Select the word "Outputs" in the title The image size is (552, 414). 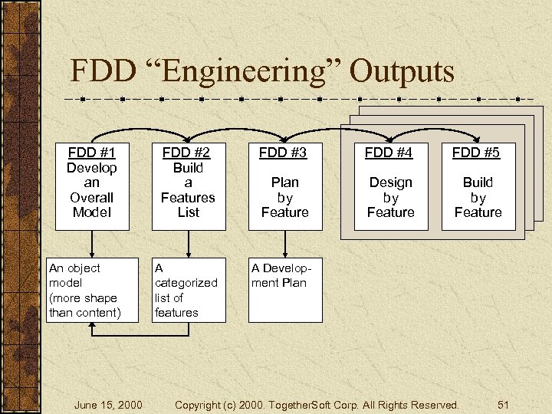click(x=402, y=71)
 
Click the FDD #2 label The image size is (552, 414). click(x=189, y=152)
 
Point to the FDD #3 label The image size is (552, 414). click(x=284, y=153)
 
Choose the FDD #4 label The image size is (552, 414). click(x=389, y=153)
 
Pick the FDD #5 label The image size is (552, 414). click(x=477, y=153)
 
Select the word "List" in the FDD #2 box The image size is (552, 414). click(x=189, y=212)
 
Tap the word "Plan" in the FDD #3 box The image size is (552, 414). click(x=284, y=182)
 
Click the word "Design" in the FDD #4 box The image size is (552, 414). click(x=390, y=182)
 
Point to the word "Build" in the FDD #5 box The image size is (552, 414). click(x=478, y=182)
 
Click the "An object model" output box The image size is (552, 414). click(x=92, y=290)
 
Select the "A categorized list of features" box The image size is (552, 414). click(x=189, y=290)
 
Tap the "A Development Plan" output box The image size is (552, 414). click(x=285, y=290)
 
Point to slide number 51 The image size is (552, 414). click(x=504, y=404)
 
